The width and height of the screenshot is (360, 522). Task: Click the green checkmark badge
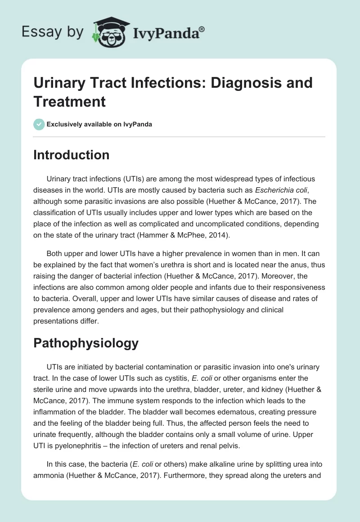point(39,124)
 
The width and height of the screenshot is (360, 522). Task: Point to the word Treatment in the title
point(69,101)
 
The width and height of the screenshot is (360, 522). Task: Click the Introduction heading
point(72,155)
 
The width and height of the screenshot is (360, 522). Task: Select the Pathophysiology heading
point(86,343)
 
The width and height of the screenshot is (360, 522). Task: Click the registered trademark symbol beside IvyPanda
point(202,28)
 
